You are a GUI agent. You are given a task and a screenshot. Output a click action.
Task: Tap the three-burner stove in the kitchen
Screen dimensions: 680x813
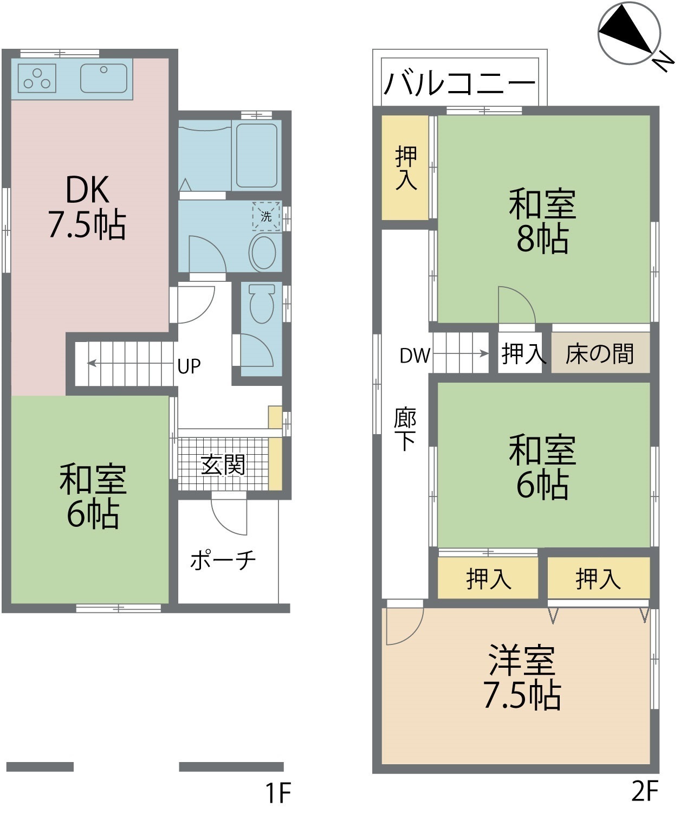pos(37,78)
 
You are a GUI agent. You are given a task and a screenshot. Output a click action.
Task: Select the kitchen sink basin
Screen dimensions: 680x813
pos(104,78)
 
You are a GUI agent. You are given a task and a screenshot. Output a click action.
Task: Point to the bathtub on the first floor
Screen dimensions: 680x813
pos(257,156)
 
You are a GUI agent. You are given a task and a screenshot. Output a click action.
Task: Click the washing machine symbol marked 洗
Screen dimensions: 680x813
pos(266,216)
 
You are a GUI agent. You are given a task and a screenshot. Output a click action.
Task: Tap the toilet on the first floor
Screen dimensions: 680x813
pos(262,304)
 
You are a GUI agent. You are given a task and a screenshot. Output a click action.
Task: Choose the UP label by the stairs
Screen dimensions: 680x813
pos(189,366)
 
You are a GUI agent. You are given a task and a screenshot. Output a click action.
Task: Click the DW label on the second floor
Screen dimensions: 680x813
pos(415,356)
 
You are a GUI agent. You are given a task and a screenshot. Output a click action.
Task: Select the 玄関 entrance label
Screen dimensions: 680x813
pos(223,464)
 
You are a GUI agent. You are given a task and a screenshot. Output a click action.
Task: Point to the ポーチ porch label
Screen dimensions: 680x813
pos(223,560)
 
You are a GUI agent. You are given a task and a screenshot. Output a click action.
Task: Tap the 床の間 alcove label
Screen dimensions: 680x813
pos(600,354)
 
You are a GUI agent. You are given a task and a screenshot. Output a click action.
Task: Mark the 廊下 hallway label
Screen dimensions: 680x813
pos(405,429)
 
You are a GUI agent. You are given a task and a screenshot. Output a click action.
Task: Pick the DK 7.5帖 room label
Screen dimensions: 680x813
pos(87,207)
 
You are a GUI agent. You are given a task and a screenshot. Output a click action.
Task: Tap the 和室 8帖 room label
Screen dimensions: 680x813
pos(542,221)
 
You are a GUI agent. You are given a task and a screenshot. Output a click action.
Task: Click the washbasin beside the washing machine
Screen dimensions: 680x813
pos(263,253)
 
